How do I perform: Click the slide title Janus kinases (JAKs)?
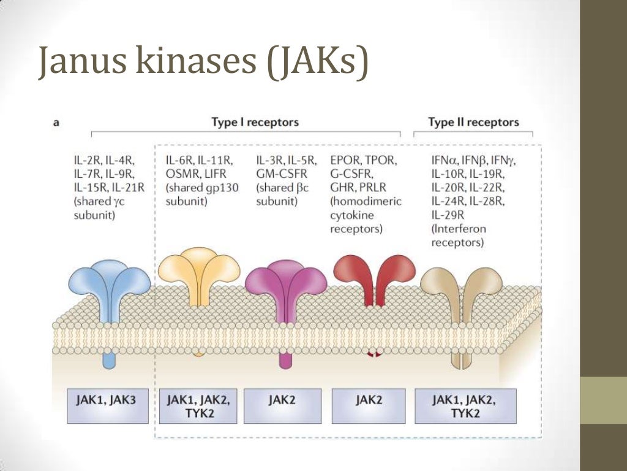point(203,62)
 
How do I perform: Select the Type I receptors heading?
point(255,122)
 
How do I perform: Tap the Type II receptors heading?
point(473,122)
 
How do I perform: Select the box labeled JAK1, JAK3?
point(107,400)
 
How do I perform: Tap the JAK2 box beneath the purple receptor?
point(282,400)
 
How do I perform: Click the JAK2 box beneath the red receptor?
point(369,400)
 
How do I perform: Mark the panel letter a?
point(56,123)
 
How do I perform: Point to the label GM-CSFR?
point(281,174)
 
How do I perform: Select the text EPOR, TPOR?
point(364,161)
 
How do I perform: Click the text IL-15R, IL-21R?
point(108,188)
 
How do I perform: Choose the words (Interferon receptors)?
point(459,235)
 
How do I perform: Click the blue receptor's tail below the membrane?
point(108,361)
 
